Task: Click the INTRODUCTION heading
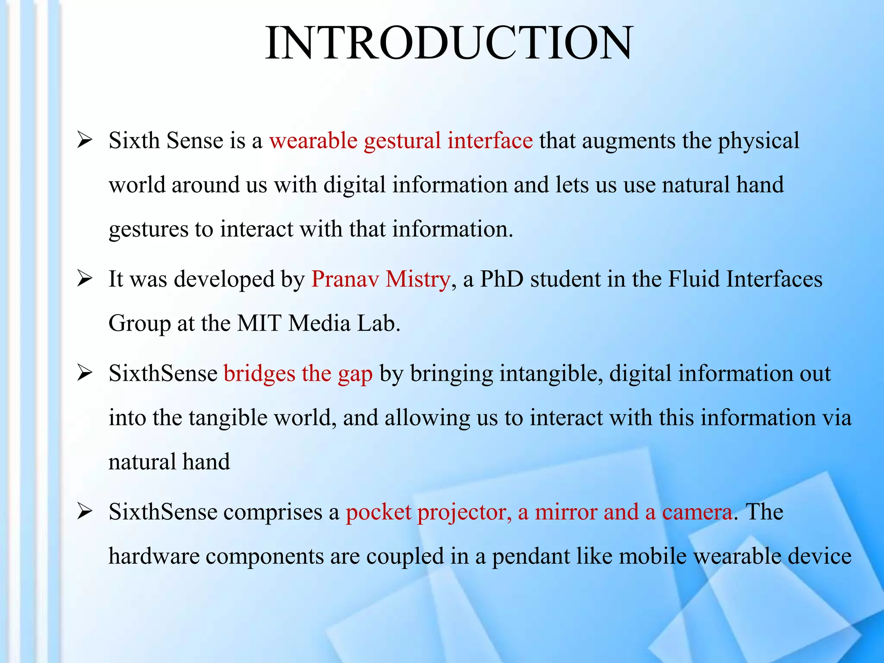click(x=449, y=43)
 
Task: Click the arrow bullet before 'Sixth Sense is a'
click(x=85, y=141)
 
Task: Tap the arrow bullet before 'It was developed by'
click(x=85, y=279)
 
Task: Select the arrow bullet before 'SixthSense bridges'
click(x=85, y=373)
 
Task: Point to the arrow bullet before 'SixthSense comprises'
click(x=85, y=512)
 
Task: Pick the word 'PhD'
click(x=502, y=279)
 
